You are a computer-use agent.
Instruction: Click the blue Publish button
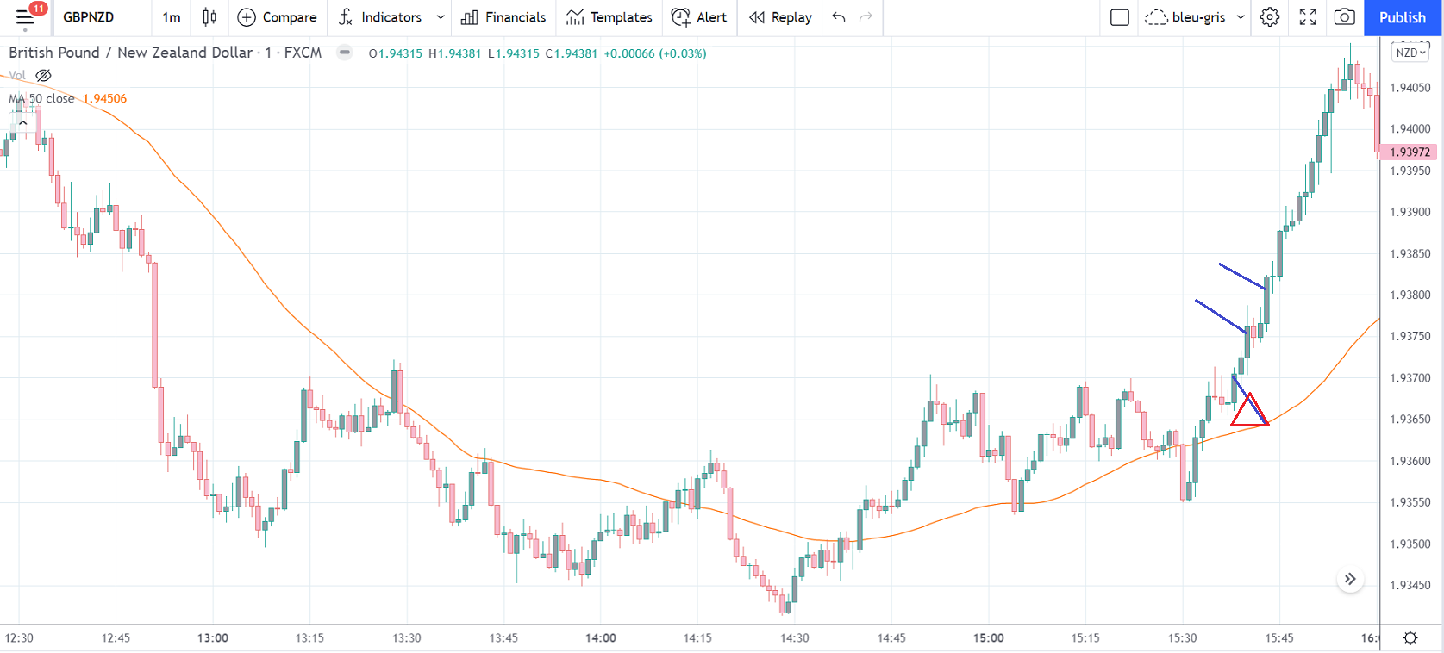pos(1402,17)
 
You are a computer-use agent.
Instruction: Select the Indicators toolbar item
pos(381,17)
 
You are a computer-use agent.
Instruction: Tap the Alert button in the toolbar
pos(699,17)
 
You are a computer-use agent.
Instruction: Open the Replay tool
pos(781,17)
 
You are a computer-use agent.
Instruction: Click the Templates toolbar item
pos(609,17)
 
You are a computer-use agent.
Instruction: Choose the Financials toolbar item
pos(504,17)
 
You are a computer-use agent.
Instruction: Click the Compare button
pos(277,17)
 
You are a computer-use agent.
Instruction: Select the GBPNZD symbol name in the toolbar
pos(88,17)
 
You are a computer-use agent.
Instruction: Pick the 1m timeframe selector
pos(172,17)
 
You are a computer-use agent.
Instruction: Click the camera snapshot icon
pos(1344,17)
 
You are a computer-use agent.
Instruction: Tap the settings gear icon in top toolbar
pos(1270,17)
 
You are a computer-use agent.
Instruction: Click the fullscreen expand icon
pos(1308,17)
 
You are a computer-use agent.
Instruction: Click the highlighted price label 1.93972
pos(1410,152)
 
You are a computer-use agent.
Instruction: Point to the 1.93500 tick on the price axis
pos(1410,544)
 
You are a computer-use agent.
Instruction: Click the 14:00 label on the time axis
pos(601,638)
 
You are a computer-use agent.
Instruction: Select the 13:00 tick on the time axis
pos(213,638)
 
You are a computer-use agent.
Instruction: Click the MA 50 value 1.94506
pos(104,98)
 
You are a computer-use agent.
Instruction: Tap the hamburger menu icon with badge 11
pos(25,17)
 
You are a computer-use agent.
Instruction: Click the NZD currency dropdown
pos(1410,53)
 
